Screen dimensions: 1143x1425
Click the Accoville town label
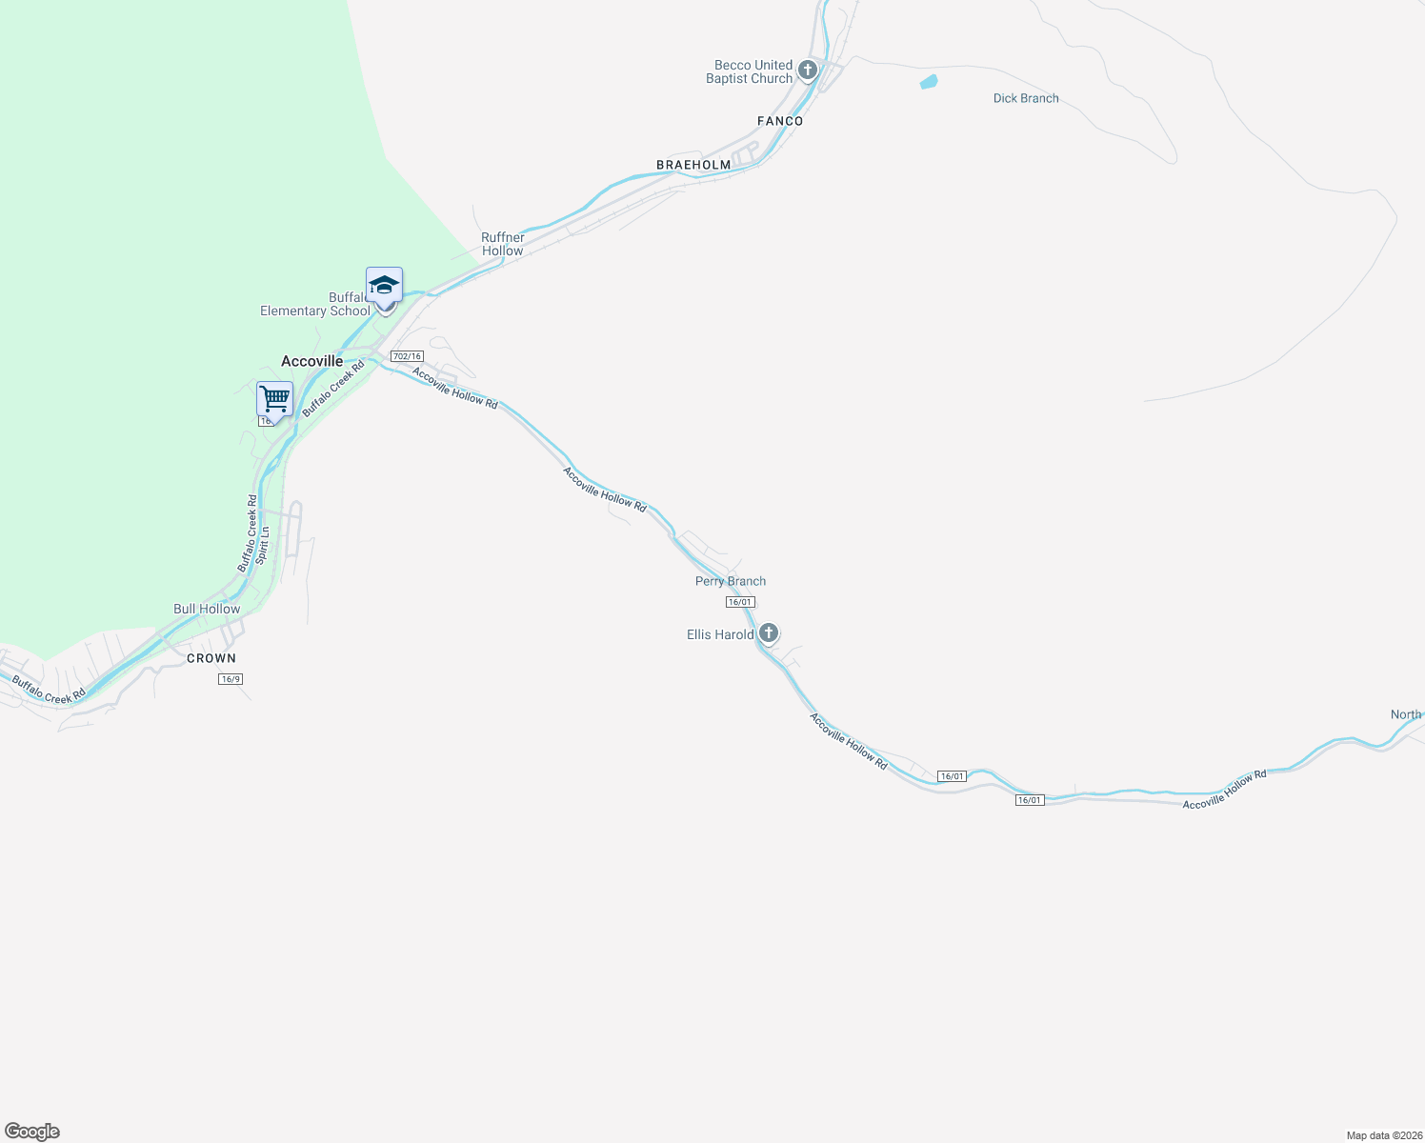(x=311, y=361)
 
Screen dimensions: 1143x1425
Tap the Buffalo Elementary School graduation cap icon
(x=384, y=285)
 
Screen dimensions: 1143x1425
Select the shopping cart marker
(x=274, y=398)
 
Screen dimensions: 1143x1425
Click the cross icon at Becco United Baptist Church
(x=808, y=70)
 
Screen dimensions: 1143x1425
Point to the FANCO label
(x=780, y=121)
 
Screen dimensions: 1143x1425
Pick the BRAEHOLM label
(x=693, y=165)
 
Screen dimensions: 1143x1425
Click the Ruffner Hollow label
(x=502, y=244)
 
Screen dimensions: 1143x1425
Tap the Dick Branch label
(x=1026, y=98)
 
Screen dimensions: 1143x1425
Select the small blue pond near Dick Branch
(x=929, y=82)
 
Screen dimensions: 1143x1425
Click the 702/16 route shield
(x=407, y=356)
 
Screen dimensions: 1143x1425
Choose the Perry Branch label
(x=731, y=581)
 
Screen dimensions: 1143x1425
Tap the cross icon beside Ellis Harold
(x=769, y=633)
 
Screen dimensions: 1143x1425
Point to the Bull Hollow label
(x=207, y=609)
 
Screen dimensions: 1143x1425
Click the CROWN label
(x=211, y=658)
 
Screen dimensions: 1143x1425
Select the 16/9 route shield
(x=231, y=679)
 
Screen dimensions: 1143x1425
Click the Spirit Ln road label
(x=263, y=545)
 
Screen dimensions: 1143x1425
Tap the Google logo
(x=32, y=1132)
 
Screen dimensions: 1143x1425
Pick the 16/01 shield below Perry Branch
(x=740, y=602)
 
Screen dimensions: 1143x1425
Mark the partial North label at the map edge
(x=1406, y=714)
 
